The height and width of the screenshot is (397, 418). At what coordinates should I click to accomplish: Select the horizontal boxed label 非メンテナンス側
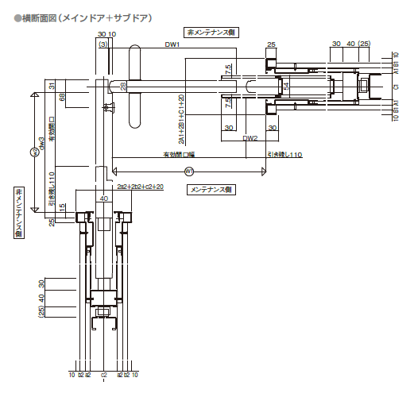point(213,33)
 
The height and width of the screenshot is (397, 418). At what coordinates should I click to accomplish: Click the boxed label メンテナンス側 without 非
point(210,190)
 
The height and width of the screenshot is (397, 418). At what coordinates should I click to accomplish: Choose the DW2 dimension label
point(250,137)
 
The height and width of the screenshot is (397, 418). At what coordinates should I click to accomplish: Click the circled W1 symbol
point(189,170)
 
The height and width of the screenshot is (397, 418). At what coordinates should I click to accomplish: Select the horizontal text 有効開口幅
point(184,153)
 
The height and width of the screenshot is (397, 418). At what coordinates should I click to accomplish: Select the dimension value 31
point(51,86)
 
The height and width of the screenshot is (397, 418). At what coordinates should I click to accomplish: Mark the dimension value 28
point(122,85)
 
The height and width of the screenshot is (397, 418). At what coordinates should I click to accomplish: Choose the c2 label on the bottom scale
point(104,373)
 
